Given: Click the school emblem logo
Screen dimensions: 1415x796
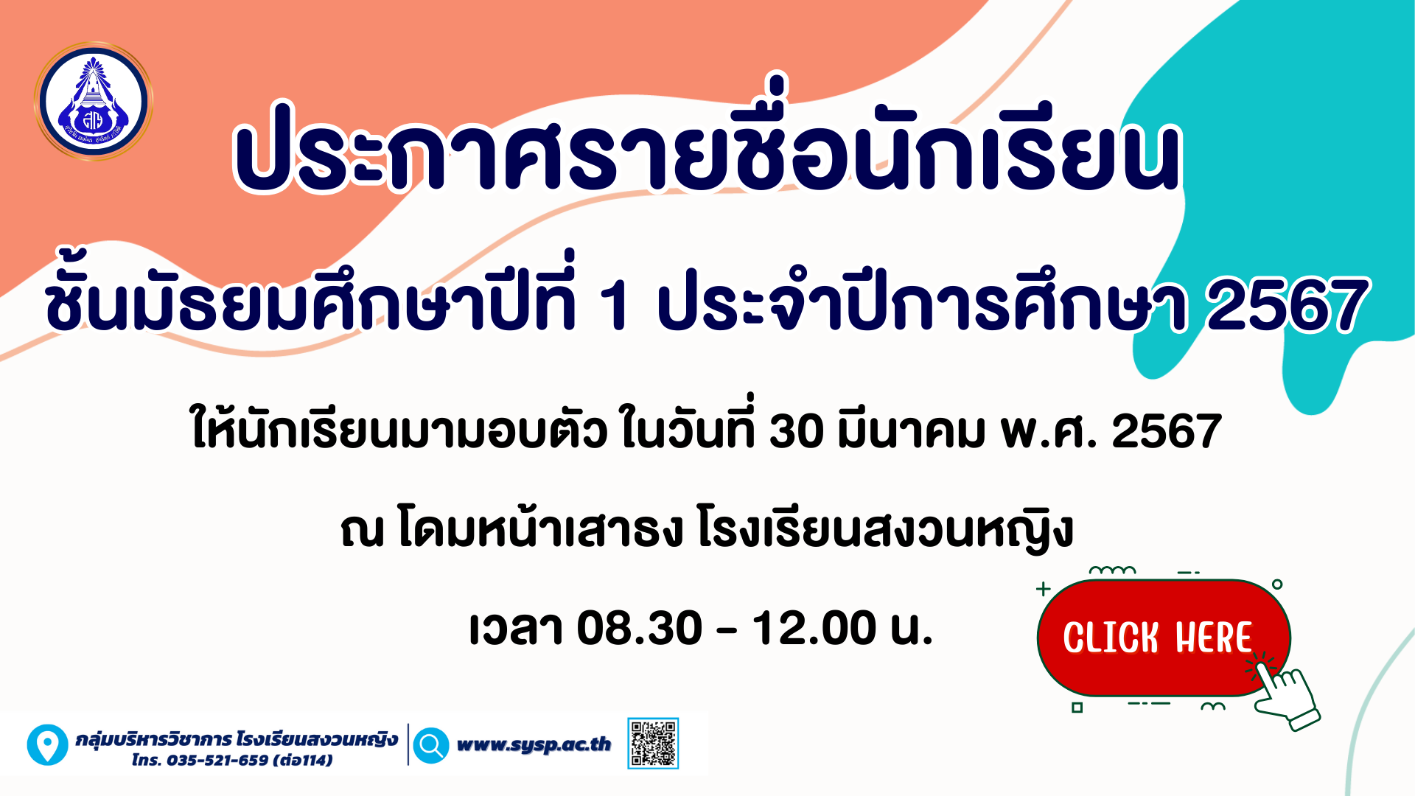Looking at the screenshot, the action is point(93,101).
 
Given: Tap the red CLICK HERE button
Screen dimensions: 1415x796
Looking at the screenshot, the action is point(1163,638).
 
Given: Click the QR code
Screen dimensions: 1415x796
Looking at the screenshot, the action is point(653,744).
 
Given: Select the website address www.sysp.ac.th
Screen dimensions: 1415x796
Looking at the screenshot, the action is point(534,744).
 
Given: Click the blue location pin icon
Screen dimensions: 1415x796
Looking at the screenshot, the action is point(48,744).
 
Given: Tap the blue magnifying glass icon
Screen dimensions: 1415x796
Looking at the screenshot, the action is point(431,745).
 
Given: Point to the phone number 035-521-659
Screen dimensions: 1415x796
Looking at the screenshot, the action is point(217,760).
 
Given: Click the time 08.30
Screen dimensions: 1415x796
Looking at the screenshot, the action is point(639,628).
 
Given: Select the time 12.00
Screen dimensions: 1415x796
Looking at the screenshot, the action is point(814,628).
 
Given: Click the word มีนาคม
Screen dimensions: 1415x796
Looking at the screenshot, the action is point(911,429).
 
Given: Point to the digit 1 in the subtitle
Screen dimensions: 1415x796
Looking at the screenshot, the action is point(614,305).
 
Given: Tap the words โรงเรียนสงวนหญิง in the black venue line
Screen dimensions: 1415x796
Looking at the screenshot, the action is point(884,529).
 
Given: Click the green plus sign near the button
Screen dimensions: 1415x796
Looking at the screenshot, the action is point(1043,589).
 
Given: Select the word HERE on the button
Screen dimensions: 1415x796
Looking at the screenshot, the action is point(1214,638).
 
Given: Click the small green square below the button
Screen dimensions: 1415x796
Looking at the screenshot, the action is point(1077,708).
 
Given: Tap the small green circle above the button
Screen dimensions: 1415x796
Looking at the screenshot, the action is point(1277,584).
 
